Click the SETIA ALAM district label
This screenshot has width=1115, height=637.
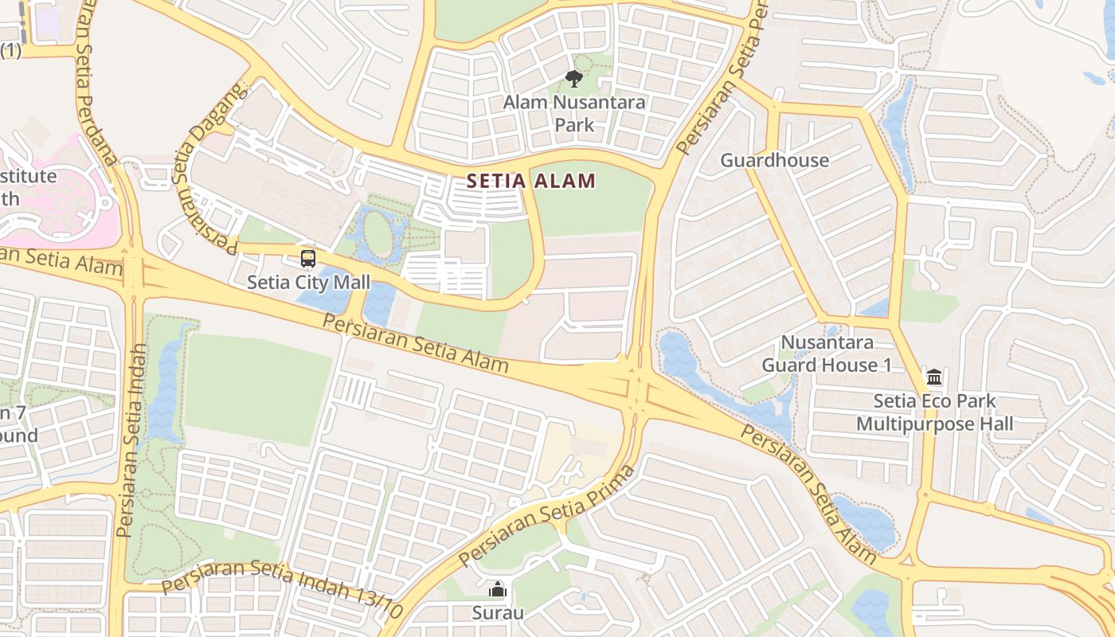[x=531, y=181]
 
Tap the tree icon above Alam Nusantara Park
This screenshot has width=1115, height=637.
[x=573, y=79]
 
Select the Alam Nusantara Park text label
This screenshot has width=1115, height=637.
[x=574, y=113]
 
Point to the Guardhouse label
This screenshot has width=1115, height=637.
[x=774, y=160]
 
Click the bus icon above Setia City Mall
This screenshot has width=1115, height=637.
[x=308, y=259]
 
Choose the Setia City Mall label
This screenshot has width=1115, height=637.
[x=308, y=282]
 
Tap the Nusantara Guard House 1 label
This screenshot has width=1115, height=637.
[x=827, y=354]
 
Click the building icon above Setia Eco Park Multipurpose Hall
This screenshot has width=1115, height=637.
[x=934, y=377]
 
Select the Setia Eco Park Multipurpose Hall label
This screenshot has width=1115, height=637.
[x=934, y=412]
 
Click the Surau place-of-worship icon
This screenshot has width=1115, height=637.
[x=498, y=590]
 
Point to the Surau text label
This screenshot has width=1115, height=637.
[x=498, y=612]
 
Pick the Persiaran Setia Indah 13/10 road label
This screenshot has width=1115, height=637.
[x=283, y=589]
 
